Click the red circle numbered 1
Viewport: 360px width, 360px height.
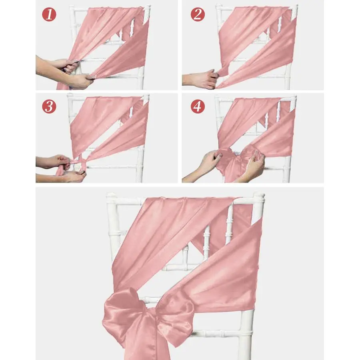[x=50, y=16]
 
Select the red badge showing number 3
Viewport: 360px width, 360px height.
[x=50, y=106]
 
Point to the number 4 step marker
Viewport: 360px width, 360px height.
[x=197, y=106]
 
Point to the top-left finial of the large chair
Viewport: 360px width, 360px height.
[x=111, y=197]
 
